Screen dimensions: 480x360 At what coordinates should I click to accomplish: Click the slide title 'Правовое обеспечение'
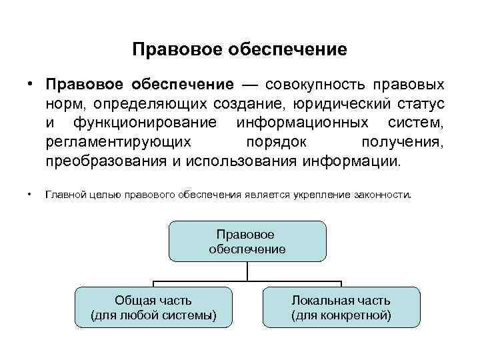[240, 50]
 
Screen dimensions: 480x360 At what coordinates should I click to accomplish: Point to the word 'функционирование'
[146, 123]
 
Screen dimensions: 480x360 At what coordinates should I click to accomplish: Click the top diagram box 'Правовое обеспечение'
[247, 241]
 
